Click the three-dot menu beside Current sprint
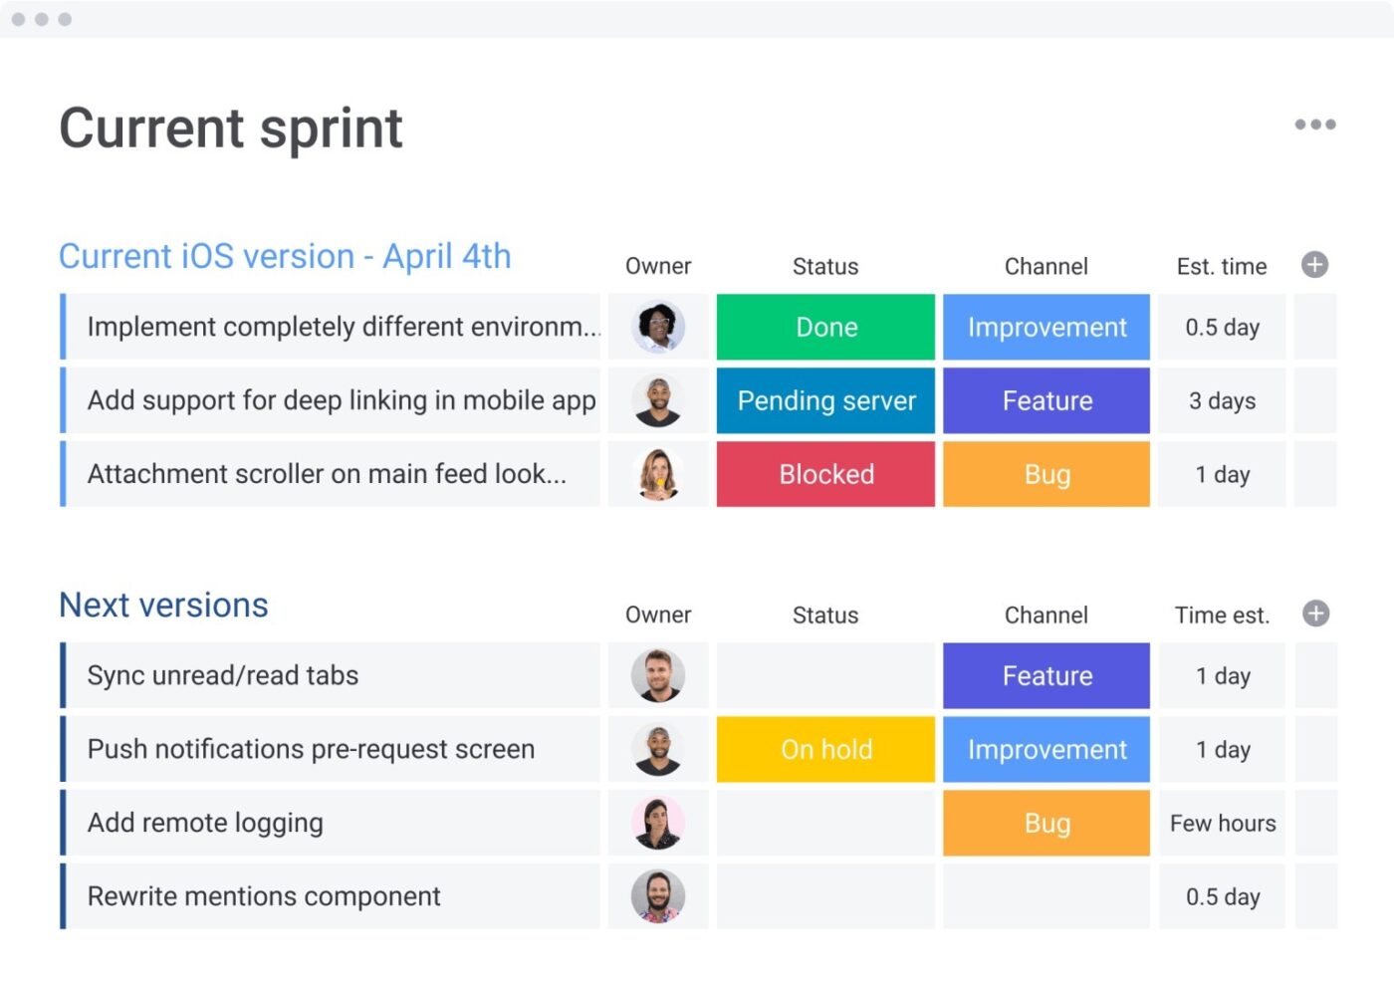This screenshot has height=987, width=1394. point(1314,124)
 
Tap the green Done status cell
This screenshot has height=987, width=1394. point(825,327)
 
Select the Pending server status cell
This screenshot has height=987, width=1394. point(825,400)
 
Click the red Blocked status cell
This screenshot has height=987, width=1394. point(825,474)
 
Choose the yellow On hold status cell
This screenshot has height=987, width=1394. point(825,749)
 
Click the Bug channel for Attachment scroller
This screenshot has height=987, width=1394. point(1046,474)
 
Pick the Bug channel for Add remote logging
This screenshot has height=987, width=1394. point(1046,823)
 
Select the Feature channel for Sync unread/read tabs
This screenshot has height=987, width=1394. point(1046,675)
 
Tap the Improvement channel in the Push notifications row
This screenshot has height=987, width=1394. point(1046,749)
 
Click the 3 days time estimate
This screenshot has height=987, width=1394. point(1222,400)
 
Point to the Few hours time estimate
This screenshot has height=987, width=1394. point(1222,823)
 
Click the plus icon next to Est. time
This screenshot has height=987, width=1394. point(1314,265)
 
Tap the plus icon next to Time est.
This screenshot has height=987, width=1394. point(1314,614)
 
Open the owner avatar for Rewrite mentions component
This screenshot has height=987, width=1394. point(658,896)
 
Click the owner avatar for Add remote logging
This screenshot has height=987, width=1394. point(658,823)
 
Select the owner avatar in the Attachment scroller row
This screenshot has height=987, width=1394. point(658,474)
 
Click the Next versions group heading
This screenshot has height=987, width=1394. point(164,606)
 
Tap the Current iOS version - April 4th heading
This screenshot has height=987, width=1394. point(285,257)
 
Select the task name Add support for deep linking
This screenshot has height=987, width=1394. point(342,400)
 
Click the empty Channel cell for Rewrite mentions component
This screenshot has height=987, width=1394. point(1046,896)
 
